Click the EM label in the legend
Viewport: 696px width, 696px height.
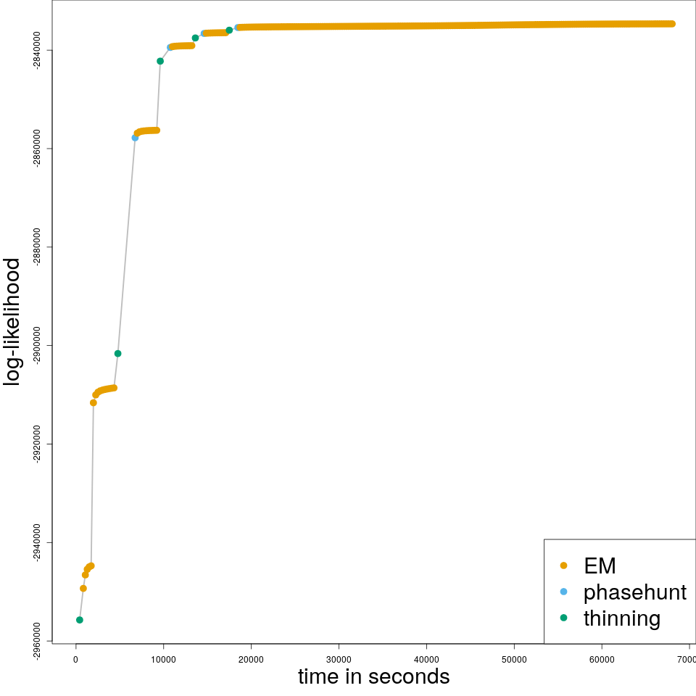coord(600,566)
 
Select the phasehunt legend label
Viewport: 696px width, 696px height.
coord(634,592)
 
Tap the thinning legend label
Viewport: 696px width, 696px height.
coord(621,618)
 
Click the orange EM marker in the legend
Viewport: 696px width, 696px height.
coord(564,565)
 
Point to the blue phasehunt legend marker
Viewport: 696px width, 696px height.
coord(564,592)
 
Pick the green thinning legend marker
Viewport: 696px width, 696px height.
coord(564,618)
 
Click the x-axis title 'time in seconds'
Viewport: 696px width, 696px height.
coord(373,677)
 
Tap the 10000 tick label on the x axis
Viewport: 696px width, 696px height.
coord(163,659)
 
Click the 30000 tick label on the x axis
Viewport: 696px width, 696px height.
coord(339,659)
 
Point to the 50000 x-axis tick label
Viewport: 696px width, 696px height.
coord(514,659)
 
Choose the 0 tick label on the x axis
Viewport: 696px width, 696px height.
coord(75,659)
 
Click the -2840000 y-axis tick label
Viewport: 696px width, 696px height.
coord(37,50)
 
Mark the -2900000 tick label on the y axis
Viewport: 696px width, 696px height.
coord(37,346)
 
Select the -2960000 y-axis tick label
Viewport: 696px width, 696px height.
coord(37,641)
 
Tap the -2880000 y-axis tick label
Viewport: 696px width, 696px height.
coord(37,247)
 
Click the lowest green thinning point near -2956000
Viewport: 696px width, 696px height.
coord(80,620)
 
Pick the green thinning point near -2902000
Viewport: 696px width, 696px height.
coord(117,354)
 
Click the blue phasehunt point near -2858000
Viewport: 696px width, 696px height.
coord(135,138)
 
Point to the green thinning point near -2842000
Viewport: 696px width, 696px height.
coord(160,61)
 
